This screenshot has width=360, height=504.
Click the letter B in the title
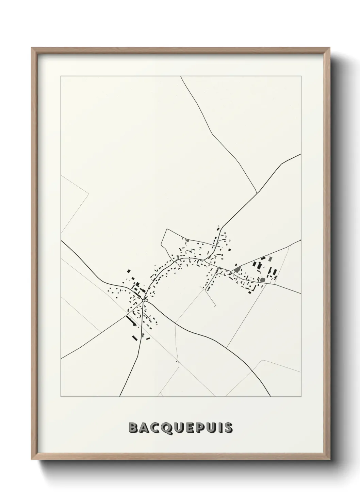[133, 428]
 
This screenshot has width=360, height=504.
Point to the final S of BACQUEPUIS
[229, 428]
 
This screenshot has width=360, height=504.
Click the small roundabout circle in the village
[144, 301]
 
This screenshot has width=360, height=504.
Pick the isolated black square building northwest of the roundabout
[129, 271]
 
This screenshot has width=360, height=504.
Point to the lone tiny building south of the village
[177, 361]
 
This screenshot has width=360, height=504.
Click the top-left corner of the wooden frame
[32, 48]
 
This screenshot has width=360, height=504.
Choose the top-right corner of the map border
[301, 76]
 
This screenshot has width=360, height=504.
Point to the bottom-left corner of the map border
[61, 397]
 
